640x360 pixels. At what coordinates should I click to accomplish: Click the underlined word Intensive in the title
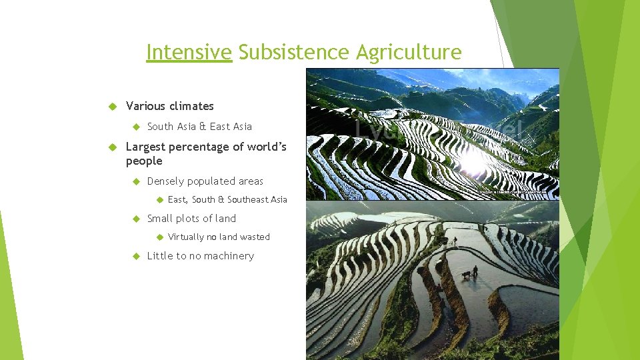[x=189, y=52]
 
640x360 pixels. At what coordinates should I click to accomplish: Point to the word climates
[x=191, y=106]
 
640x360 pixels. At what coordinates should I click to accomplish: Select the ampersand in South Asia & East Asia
[x=203, y=127]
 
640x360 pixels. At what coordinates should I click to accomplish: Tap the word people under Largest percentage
[x=144, y=161]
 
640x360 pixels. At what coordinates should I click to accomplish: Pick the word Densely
[x=165, y=181]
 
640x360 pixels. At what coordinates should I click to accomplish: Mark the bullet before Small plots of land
[x=134, y=219]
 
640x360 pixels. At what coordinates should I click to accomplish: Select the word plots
[x=190, y=219]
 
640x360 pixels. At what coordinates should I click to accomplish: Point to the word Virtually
[x=186, y=237]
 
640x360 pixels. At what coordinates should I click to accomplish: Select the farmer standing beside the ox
[x=475, y=271]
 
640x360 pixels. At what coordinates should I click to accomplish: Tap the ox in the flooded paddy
[x=466, y=274]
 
